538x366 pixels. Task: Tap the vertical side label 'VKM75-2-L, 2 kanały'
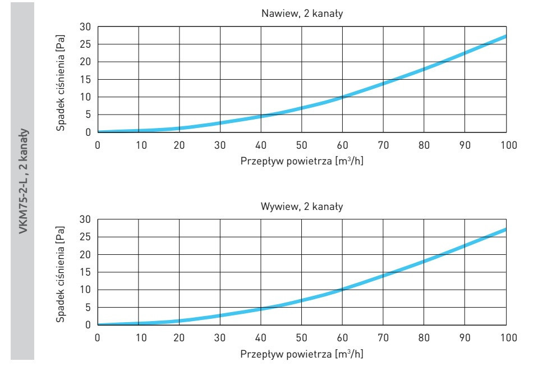(22, 183)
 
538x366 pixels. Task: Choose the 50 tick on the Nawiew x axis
(302, 145)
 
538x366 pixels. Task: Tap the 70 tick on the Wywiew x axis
(383, 337)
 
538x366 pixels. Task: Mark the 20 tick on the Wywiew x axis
(179, 337)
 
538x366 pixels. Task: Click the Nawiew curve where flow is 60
(343, 97)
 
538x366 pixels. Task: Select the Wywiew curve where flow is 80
(424, 261)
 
